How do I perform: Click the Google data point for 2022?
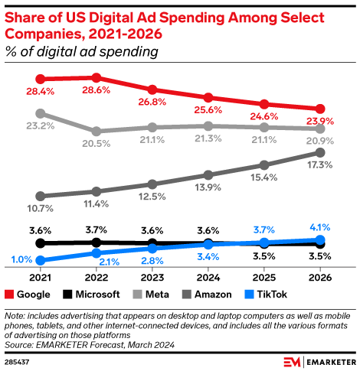tap(96, 77)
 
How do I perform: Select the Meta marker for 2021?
tap(40, 113)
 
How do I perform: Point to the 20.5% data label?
tap(96, 143)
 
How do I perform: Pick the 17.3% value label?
tap(319, 166)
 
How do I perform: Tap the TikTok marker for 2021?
tap(40, 261)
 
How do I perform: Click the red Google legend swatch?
tap(9, 295)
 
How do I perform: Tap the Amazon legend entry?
tap(214, 295)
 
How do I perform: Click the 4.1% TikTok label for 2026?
tap(319, 227)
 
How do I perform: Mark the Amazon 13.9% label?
tap(208, 187)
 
